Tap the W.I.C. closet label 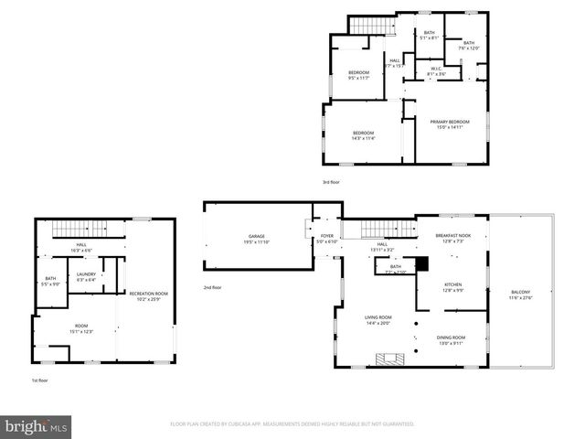click(x=436, y=70)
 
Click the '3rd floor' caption click(x=330, y=182)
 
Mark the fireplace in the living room click(x=390, y=358)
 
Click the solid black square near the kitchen click(x=421, y=264)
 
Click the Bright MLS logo click(x=37, y=426)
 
